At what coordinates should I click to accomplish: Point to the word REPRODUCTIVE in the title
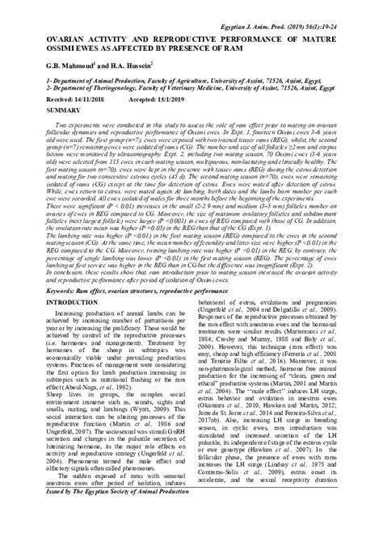click(171, 24)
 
